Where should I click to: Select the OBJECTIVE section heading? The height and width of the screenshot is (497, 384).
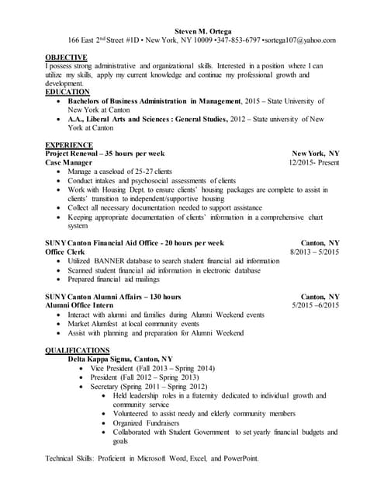coord(67,57)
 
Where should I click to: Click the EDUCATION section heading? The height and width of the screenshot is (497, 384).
coord(67,92)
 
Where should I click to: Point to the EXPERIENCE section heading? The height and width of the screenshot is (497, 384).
coord(70,145)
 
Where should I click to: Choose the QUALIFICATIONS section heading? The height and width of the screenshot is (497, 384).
coord(78,350)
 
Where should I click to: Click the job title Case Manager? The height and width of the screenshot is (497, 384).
coord(69,163)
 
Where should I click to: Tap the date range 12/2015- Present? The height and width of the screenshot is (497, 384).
coord(313,163)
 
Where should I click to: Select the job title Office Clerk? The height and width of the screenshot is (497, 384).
coord(66,252)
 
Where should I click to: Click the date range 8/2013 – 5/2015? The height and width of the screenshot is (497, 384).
coord(314,252)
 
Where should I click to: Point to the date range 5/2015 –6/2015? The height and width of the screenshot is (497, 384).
coord(315,306)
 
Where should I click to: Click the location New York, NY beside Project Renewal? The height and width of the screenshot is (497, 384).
coord(315,154)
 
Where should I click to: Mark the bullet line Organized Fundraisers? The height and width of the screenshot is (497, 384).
coord(147,422)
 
